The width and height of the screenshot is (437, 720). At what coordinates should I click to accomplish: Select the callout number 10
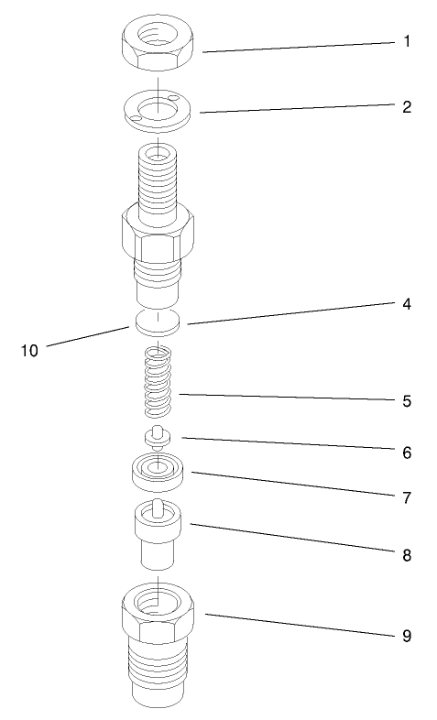pyautogui.click(x=30, y=350)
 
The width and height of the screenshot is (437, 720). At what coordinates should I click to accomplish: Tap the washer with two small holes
pyautogui.click(x=159, y=109)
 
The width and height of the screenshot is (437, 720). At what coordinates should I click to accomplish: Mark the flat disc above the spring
pyautogui.click(x=159, y=322)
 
